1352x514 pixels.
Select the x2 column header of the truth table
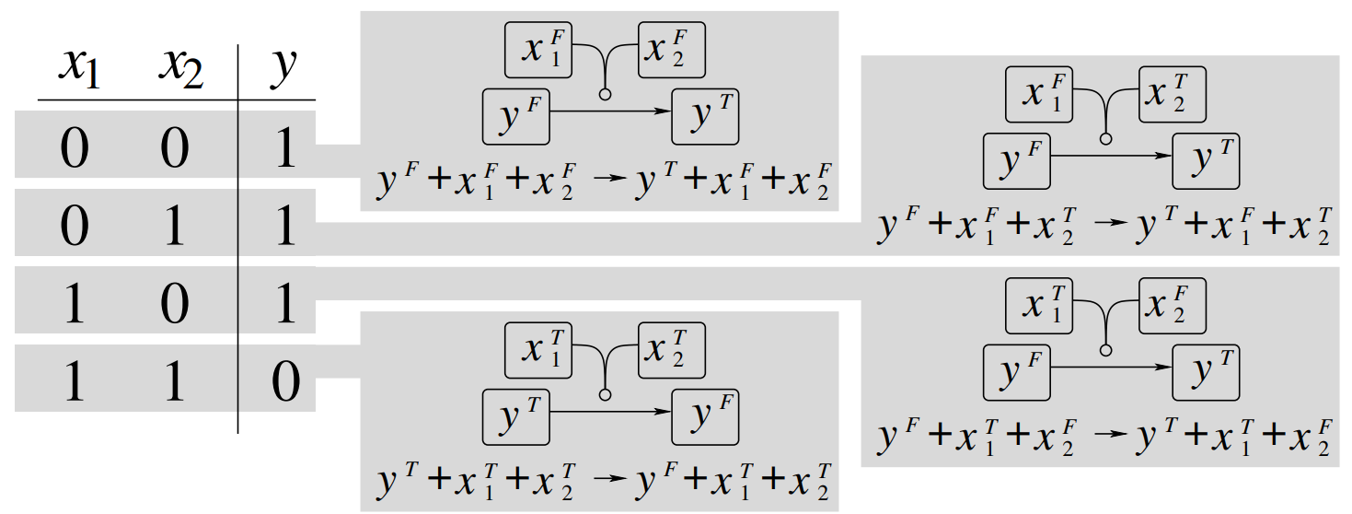pos(179,68)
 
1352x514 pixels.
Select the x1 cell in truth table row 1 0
pos(74,303)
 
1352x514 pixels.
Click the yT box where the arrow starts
pos(516,417)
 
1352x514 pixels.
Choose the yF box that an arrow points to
pos(705,417)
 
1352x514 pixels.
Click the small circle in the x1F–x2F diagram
pos(605,94)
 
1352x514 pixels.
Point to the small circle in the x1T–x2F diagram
pos(1105,350)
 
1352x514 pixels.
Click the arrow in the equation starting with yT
pos(608,480)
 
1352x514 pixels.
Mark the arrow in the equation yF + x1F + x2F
pos(608,181)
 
